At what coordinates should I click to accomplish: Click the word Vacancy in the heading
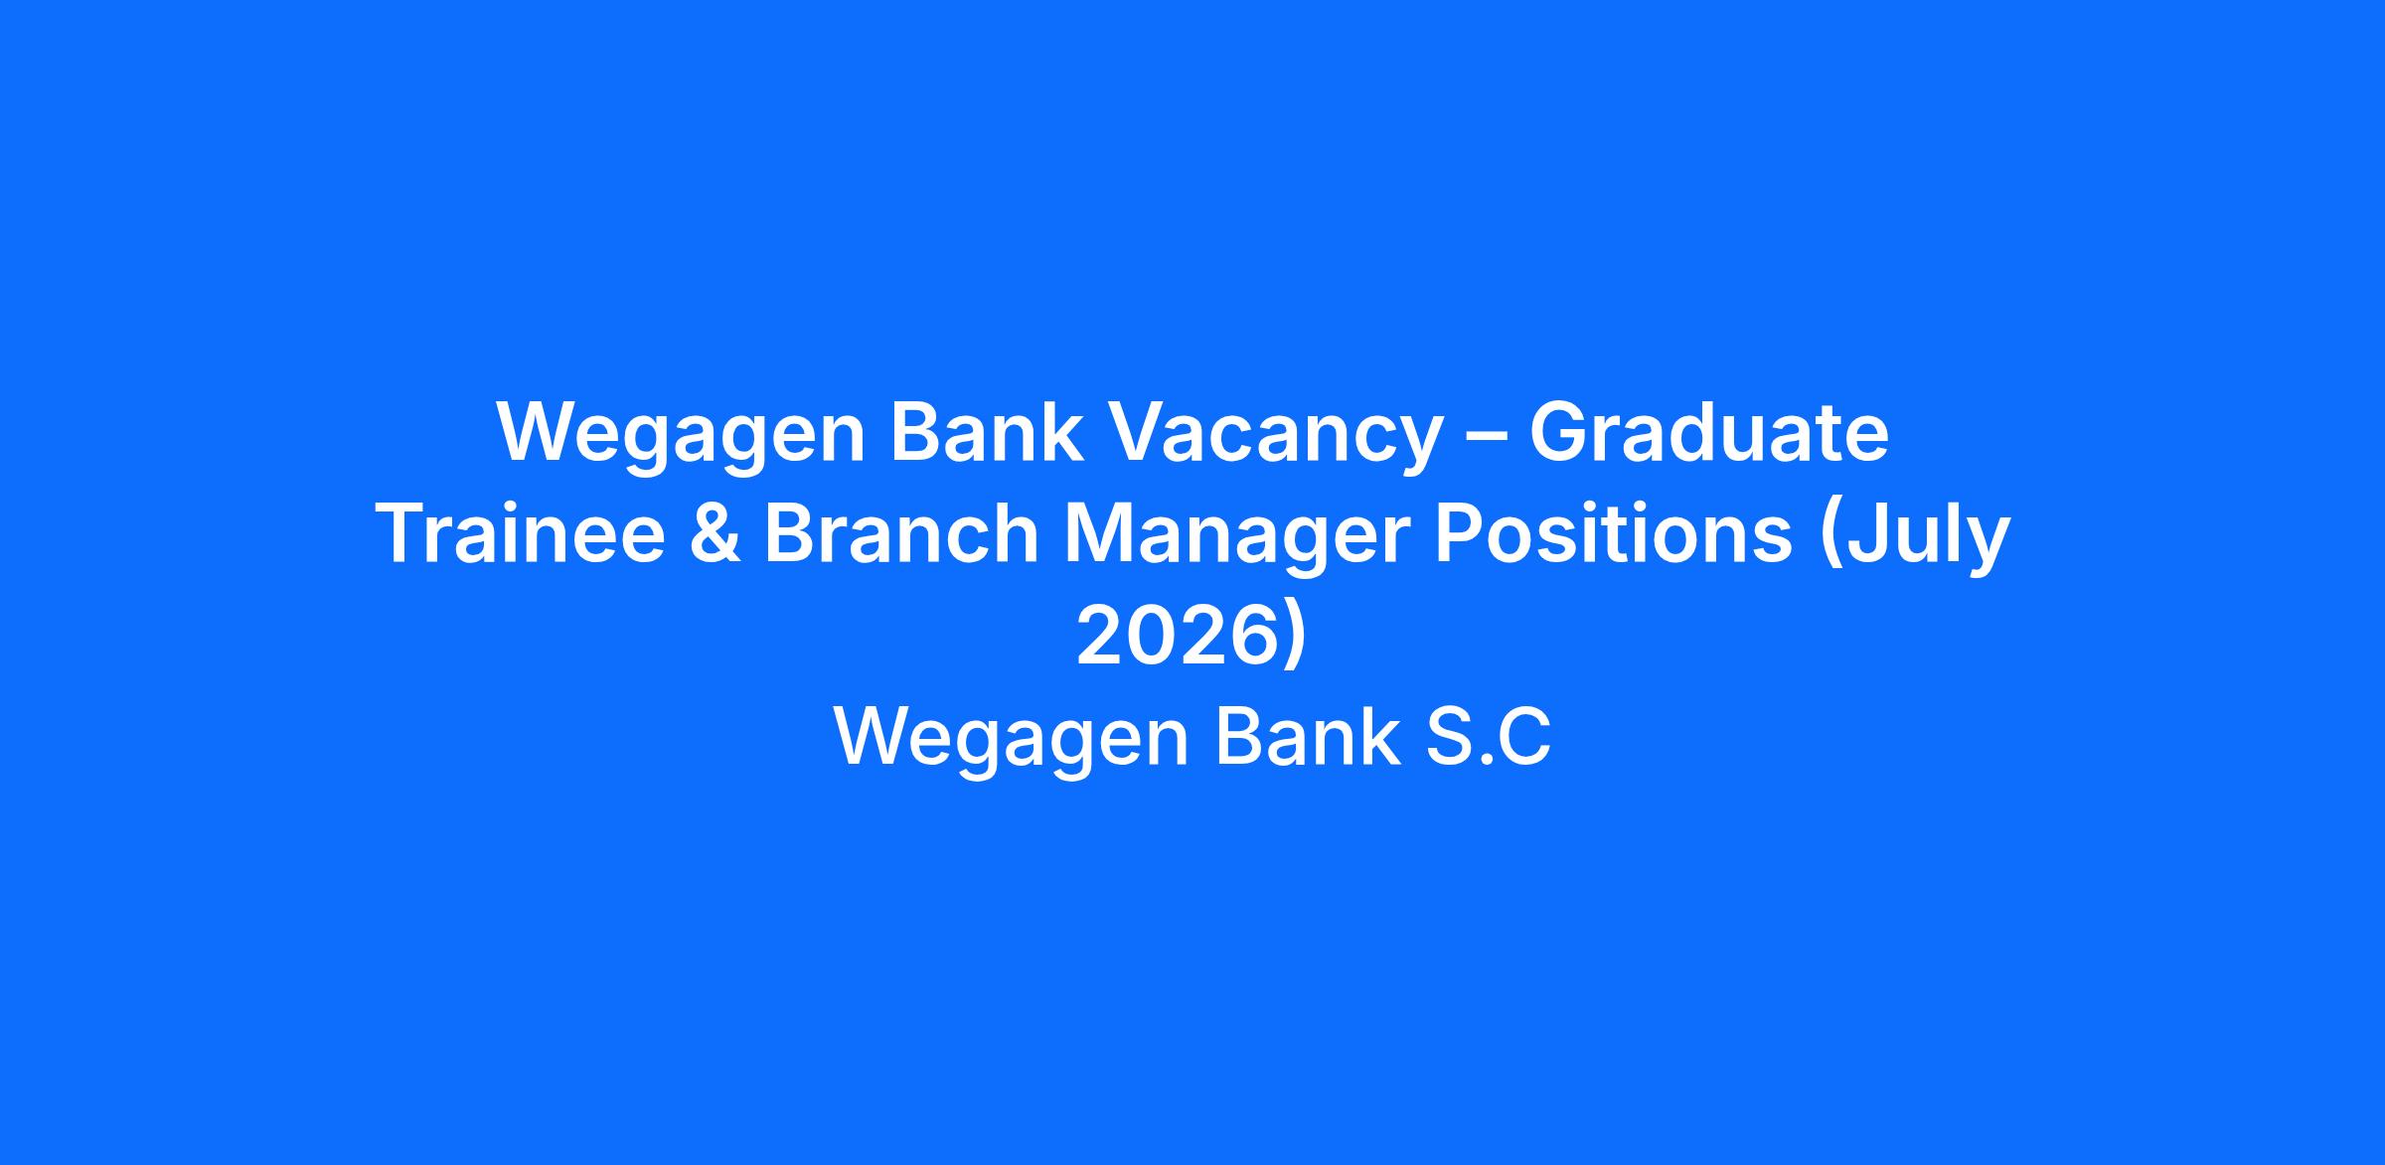(x=1274, y=437)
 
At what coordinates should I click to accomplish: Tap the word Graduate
(x=1708, y=433)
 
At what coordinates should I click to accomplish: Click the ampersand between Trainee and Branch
(x=715, y=534)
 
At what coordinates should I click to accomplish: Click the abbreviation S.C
(x=1488, y=737)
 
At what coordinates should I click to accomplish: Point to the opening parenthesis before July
(x=1828, y=539)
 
